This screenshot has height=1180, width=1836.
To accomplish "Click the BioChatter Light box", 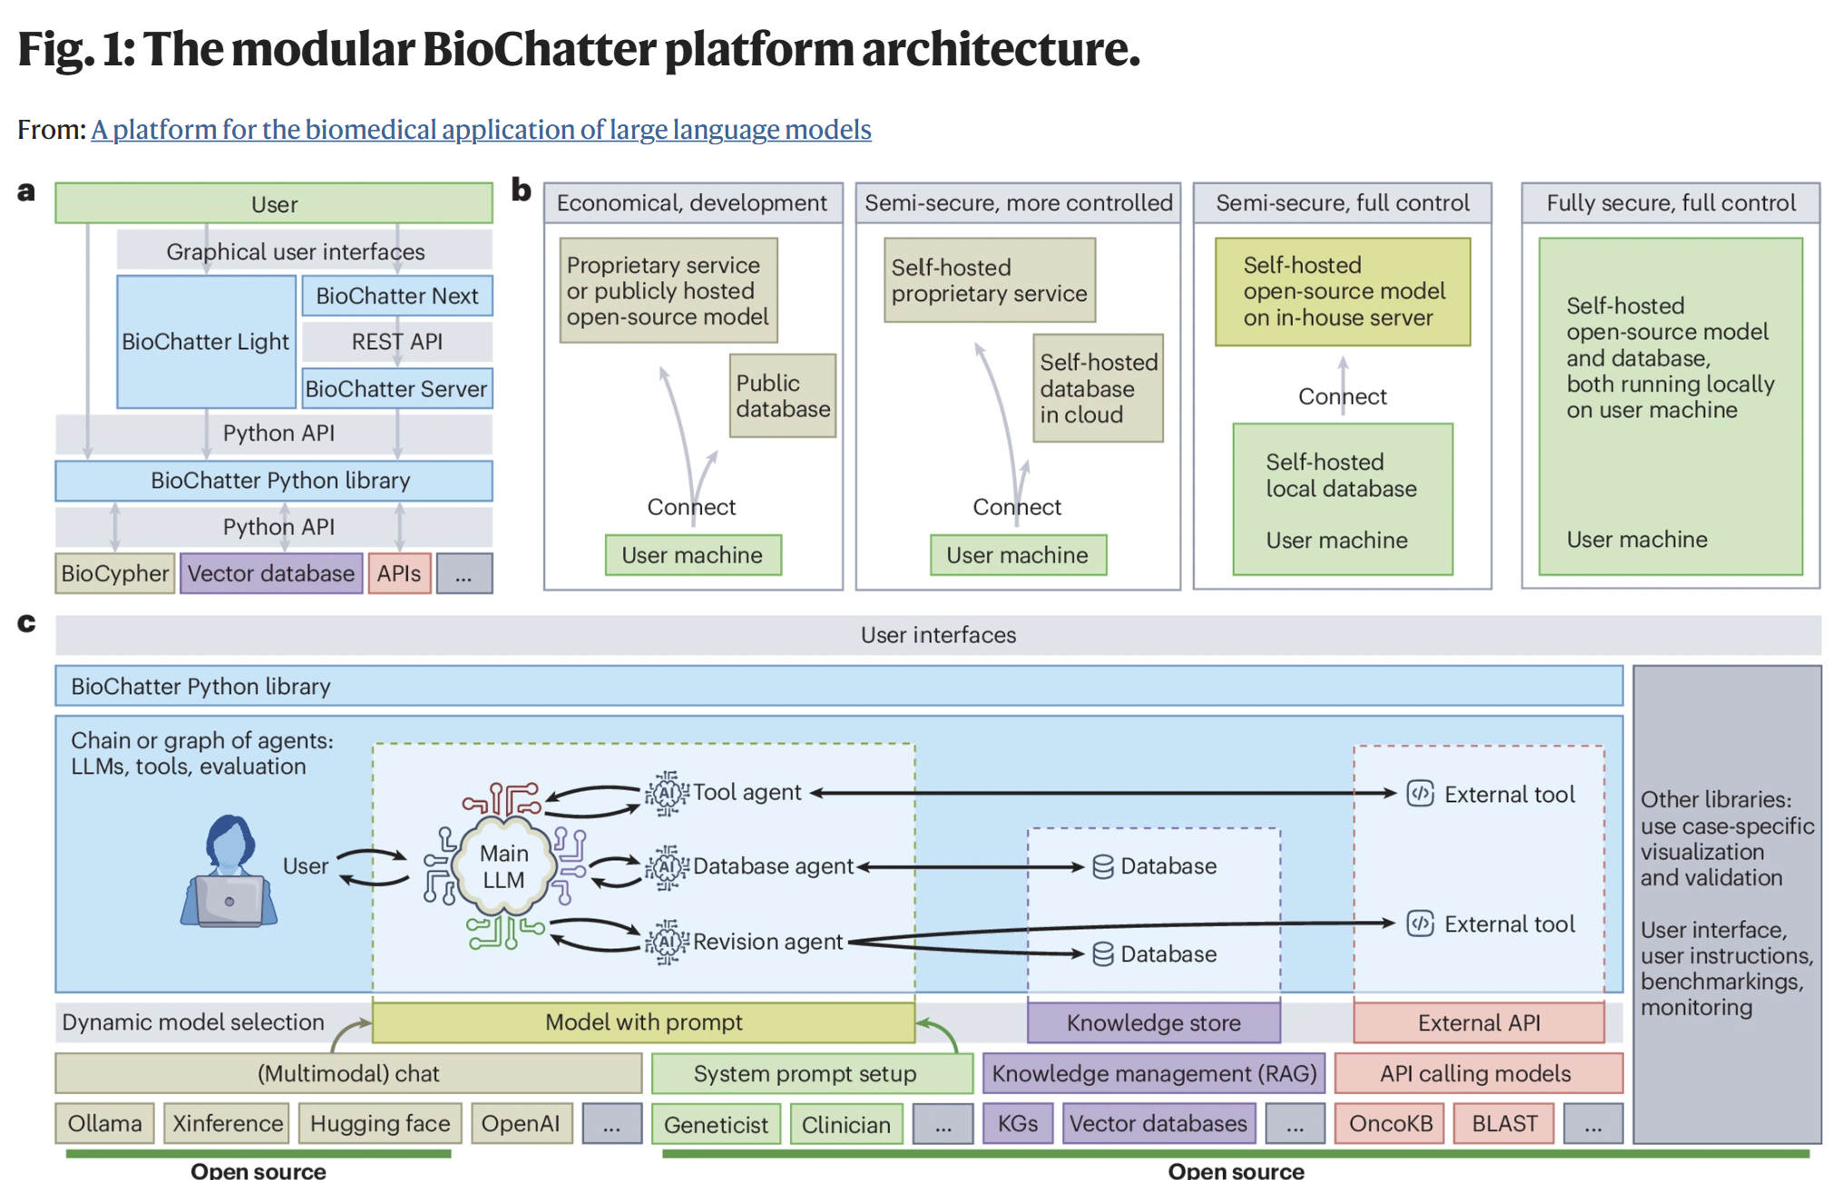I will [x=206, y=341].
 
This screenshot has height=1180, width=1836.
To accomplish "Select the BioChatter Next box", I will [x=396, y=296].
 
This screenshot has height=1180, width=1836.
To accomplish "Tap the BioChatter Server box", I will [x=396, y=388].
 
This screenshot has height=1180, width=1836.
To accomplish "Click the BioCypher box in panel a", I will [x=114, y=574].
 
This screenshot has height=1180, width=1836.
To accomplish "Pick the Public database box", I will [x=782, y=396].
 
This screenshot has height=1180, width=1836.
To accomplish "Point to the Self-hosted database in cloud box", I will [x=1098, y=388].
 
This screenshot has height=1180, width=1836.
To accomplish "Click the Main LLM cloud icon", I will [x=503, y=866].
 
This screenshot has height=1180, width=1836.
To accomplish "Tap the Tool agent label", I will [x=746, y=792].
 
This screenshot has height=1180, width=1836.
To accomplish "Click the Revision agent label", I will [x=767, y=942].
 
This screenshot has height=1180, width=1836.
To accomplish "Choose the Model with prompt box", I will [x=643, y=1023].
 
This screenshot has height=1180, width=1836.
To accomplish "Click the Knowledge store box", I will [x=1153, y=1023].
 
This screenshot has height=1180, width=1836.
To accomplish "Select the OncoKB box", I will [x=1390, y=1124].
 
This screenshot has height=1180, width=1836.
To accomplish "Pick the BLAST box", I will [x=1504, y=1124].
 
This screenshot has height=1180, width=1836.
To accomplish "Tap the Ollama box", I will [x=104, y=1124].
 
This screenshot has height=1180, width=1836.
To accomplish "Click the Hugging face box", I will [x=379, y=1124].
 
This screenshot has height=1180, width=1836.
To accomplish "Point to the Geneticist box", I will [x=716, y=1125].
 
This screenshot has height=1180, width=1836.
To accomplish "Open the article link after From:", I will [x=481, y=130].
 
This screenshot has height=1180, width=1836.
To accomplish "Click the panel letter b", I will [x=521, y=190].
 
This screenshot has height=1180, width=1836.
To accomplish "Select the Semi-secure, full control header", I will [x=1342, y=202].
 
